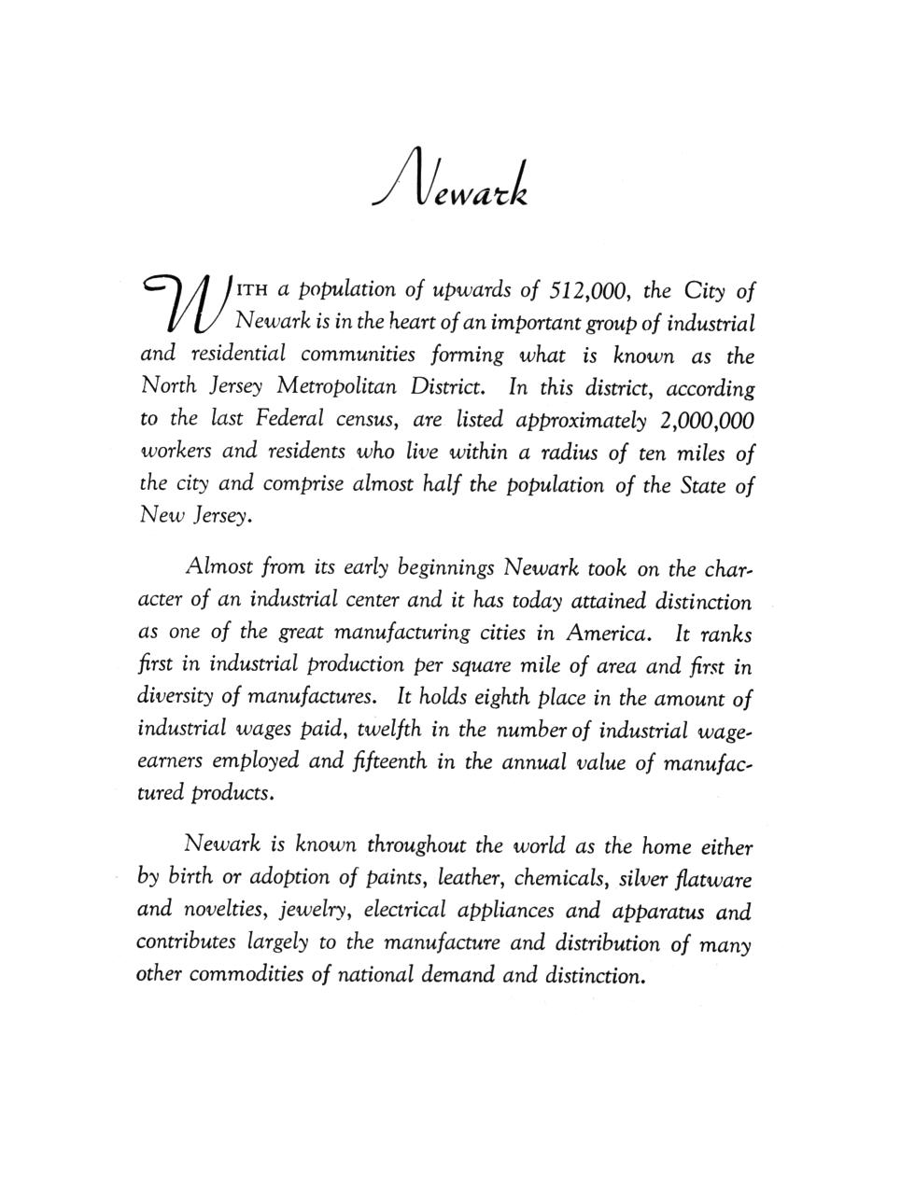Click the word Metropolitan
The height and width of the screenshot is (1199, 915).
344,388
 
